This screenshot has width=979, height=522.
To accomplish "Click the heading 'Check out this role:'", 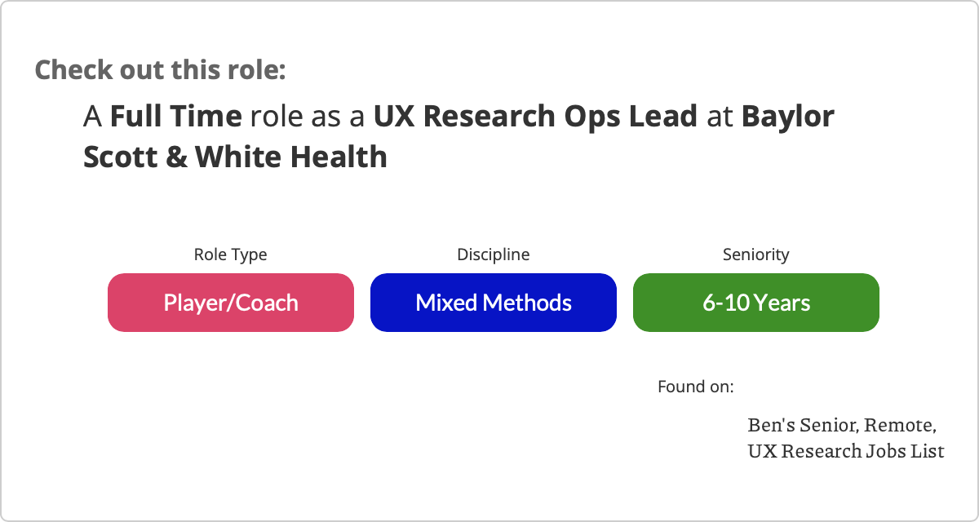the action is [x=160, y=70].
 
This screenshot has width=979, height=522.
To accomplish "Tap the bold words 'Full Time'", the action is [x=175, y=116].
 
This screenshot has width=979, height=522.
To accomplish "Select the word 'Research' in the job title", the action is [x=489, y=116].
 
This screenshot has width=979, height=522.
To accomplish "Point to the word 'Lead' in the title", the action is [x=663, y=116].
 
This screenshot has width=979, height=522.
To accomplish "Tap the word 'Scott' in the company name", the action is [x=120, y=157].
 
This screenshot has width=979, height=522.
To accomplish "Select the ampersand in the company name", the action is [x=176, y=157].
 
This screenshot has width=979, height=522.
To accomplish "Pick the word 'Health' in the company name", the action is [x=339, y=157].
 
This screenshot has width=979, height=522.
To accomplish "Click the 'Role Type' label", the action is [x=230, y=255].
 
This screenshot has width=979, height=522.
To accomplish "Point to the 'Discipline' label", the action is [x=494, y=255].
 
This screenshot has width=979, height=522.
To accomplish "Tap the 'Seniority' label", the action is [x=756, y=255].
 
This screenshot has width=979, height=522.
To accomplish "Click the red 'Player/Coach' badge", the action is [x=231, y=303].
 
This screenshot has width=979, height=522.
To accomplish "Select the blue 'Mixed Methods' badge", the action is [x=494, y=303].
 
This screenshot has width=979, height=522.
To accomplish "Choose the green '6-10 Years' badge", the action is [x=756, y=303].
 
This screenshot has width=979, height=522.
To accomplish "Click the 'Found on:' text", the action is [x=696, y=387].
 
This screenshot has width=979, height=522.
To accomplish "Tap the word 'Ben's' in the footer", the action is [x=772, y=425].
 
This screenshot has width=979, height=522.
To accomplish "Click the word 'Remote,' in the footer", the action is [x=901, y=425].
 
